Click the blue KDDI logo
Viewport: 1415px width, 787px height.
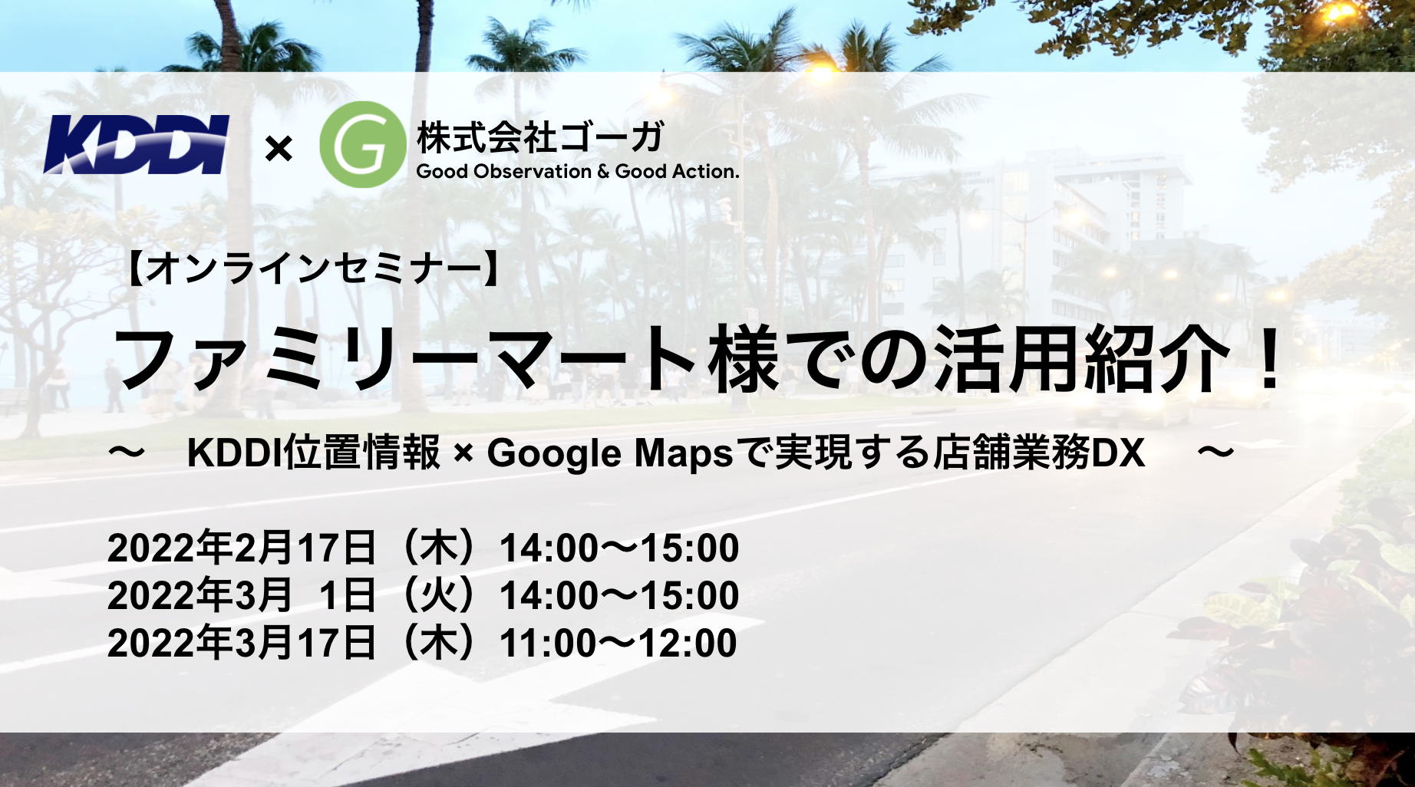(x=137, y=144)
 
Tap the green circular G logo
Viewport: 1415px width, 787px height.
(x=362, y=144)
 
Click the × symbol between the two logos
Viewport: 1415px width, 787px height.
(x=279, y=148)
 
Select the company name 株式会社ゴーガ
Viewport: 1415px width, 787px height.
(x=540, y=137)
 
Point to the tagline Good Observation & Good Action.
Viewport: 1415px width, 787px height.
(x=578, y=171)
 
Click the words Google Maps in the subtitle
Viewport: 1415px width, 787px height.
(x=610, y=453)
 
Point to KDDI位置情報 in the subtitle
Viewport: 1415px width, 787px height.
(x=314, y=453)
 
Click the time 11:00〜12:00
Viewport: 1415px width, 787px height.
(x=618, y=643)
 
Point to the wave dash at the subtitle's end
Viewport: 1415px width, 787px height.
(x=1215, y=453)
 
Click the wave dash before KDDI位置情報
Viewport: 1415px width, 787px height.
(x=127, y=453)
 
